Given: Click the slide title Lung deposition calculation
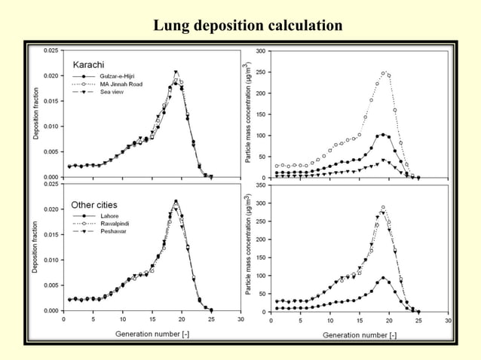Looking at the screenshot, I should point(248,26).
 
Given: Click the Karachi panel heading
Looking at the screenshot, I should point(88,64).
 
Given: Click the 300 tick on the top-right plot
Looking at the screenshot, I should point(259,51).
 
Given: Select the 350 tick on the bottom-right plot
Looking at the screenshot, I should point(259,184).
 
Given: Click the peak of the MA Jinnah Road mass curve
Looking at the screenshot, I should point(383,73).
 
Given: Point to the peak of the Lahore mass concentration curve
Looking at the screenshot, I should point(383,277).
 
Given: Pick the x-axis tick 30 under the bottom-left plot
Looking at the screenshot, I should point(240,318).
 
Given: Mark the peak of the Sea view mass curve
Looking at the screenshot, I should point(383,160).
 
